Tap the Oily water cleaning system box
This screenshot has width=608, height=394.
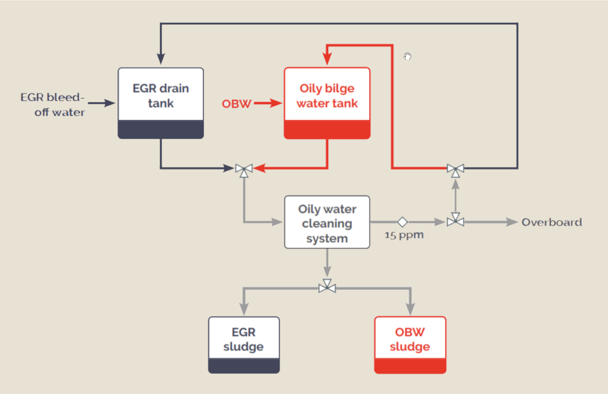[x=327, y=222]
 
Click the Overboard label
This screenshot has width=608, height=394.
[x=552, y=222]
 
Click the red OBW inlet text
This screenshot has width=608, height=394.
[x=236, y=104]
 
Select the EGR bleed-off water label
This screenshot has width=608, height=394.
[x=52, y=104]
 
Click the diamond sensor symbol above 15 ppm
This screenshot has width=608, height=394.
[x=402, y=222]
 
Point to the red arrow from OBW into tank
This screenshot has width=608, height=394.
[x=268, y=104]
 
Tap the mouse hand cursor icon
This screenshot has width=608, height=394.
[x=408, y=56]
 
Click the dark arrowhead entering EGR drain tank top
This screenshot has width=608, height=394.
[x=161, y=60]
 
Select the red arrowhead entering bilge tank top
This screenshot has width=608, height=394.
[x=327, y=60]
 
